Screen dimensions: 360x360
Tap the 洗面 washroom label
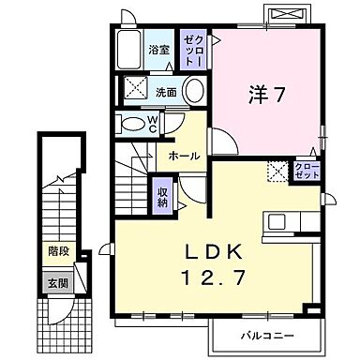166,92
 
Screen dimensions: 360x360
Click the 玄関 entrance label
59,282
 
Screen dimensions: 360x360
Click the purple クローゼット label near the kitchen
307,171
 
